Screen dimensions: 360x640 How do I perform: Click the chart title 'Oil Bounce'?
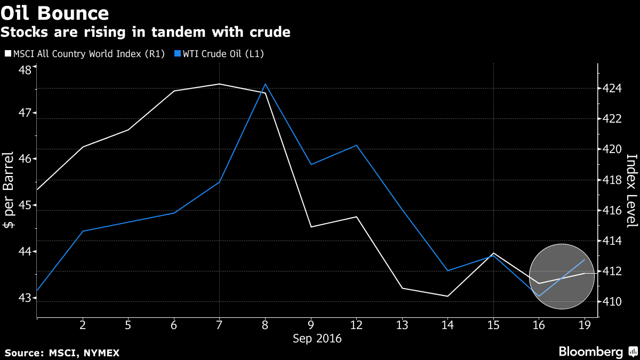tap(55, 13)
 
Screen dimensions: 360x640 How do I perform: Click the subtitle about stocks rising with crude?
tap(145, 33)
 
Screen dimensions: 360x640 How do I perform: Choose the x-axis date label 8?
tap(265, 325)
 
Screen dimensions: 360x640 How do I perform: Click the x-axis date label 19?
tap(585, 325)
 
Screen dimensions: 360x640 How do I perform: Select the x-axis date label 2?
tap(82, 325)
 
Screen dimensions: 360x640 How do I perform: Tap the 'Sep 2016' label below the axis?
tap(318, 339)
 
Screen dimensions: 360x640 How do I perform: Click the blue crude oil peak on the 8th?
tap(265, 84)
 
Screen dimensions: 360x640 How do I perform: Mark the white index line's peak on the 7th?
tap(219, 84)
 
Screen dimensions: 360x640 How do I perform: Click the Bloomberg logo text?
tap(590, 351)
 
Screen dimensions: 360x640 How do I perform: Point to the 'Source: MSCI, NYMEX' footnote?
tap(62, 353)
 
